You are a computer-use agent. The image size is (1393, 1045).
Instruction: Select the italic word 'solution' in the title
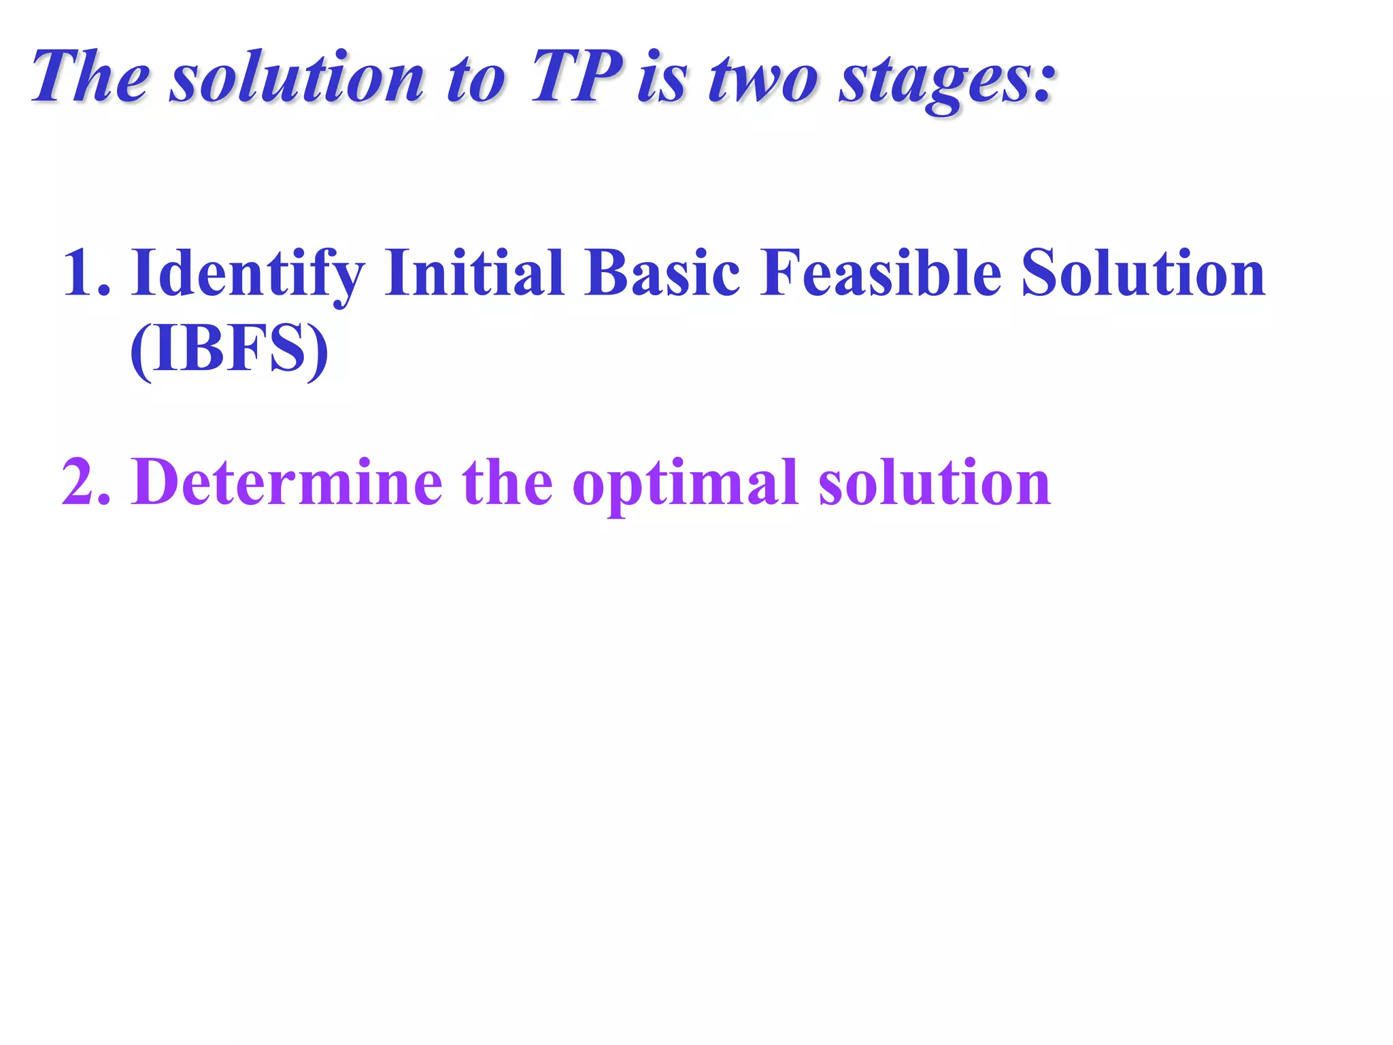tap(297, 78)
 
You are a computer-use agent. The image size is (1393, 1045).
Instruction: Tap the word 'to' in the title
tap(476, 79)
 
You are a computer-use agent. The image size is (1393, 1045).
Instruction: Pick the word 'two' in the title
tap(762, 79)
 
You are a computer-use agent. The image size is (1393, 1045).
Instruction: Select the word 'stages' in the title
tap(936, 82)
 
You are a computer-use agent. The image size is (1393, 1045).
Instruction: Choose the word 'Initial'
tap(474, 272)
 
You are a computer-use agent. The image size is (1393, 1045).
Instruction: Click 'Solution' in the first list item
tap(1143, 272)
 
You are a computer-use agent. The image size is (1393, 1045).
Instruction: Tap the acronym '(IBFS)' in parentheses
tap(229, 349)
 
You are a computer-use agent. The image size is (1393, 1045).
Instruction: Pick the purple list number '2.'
tap(86, 482)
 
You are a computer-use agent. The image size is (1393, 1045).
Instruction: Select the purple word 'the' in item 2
tap(507, 482)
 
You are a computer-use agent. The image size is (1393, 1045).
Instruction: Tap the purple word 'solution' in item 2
tap(935, 482)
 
